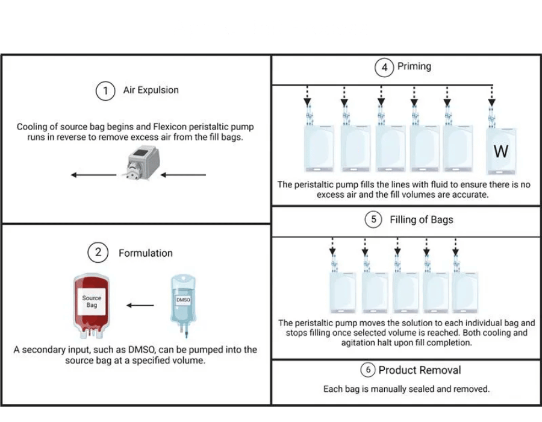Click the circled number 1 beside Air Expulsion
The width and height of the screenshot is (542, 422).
(105, 90)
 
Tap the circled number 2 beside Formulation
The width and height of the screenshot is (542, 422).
(98, 252)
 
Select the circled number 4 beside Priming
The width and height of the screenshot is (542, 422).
(384, 67)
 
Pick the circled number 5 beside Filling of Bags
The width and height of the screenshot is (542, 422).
(373, 219)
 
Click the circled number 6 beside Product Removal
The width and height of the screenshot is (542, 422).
(368, 370)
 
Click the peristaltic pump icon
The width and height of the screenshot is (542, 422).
(142, 162)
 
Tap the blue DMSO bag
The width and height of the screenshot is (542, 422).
(183, 305)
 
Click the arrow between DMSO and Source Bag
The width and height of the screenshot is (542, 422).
(140, 305)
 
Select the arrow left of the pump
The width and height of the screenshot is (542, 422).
(94, 175)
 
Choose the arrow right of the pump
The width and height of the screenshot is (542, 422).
(183, 175)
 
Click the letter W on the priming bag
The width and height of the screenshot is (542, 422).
(501, 151)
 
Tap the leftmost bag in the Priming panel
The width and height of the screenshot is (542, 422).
(319, 148)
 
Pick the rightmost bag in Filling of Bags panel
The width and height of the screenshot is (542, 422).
(464, 292)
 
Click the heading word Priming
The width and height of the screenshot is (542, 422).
(414, 66)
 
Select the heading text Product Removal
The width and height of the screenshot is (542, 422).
(420, 370)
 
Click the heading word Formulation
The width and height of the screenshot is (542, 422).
(146, 253)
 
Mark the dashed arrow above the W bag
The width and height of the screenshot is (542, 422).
(492, 96)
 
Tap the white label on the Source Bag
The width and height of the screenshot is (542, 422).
(92, 301)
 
